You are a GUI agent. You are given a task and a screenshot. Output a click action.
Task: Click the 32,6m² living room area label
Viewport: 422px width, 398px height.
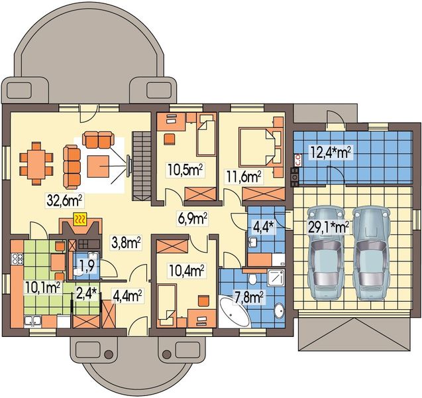point(64,200)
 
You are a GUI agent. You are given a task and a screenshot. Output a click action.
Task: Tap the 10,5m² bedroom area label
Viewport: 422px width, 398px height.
point(185,170)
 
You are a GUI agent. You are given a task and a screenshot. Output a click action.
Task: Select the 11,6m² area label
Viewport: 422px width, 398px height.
point(244,177)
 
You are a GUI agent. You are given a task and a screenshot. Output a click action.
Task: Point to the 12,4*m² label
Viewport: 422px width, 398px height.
point(331,153)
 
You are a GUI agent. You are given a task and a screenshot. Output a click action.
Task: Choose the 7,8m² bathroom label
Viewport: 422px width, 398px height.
point(248,297)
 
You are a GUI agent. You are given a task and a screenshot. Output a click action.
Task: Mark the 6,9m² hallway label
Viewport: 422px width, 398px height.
point(192,218)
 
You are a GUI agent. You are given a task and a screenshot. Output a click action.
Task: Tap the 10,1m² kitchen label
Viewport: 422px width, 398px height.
point(42,288)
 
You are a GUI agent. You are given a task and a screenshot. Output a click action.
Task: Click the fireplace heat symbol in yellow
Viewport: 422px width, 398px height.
point(80,219)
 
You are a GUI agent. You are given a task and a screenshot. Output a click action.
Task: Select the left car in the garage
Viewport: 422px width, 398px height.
point(326,253)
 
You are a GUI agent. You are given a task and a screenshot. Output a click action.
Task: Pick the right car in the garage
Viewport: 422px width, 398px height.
point(371,253)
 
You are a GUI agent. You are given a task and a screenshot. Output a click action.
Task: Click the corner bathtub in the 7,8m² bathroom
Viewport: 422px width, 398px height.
point(234,311)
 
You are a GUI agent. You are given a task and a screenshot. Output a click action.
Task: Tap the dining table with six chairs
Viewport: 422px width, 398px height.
point(36,164)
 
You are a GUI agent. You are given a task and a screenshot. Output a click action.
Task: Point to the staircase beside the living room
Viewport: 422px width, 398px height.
point(141,166)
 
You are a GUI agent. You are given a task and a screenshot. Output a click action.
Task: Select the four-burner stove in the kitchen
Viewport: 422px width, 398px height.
point(17,259)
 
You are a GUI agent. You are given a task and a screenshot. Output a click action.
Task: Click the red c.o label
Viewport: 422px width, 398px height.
point(298,160)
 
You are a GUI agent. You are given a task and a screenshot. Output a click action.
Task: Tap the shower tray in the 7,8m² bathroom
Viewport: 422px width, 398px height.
point(276,278)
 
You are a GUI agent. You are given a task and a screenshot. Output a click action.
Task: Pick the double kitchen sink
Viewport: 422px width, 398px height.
point(32,320)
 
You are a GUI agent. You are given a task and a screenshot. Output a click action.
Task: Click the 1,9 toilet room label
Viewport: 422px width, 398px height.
point(87,265)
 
